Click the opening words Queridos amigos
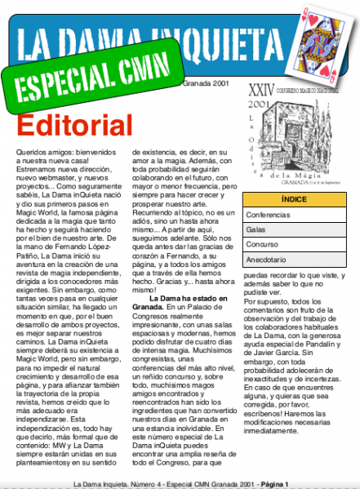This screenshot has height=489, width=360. point(47,152)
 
